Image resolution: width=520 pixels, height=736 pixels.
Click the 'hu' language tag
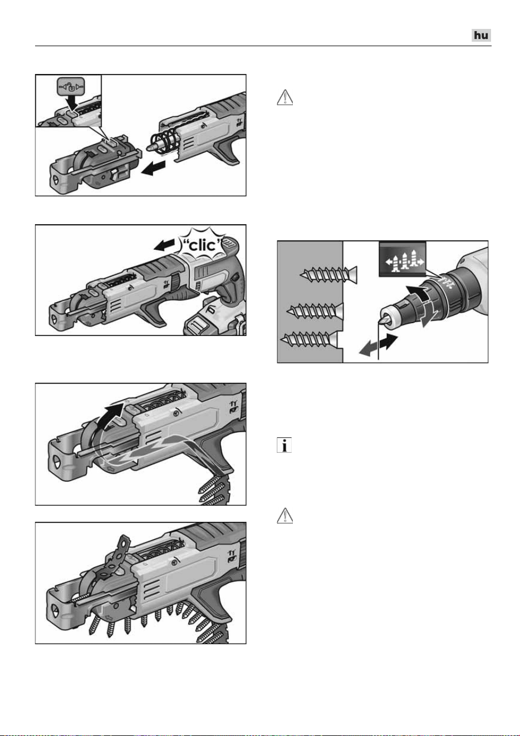[481, 35]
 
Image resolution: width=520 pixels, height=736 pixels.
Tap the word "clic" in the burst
[202, 245]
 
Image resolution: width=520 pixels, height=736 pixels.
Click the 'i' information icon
[284, 445]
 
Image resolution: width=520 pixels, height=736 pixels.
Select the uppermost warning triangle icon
[285, 97]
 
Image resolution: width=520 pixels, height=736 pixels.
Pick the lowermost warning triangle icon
[285, 515]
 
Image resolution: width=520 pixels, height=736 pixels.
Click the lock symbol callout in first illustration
[70, 87]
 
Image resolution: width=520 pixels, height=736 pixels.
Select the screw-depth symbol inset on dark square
[403, 260]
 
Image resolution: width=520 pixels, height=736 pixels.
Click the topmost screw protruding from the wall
[328, 275]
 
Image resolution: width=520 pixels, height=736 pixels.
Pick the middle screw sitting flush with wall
[315, 311]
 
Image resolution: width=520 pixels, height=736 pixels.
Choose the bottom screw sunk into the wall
[309, 340]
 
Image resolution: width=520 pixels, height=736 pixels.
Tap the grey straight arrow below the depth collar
[369, 349]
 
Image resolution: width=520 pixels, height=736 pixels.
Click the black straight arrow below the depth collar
[389, 342]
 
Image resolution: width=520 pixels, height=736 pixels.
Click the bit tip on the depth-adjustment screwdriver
[382, 321]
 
